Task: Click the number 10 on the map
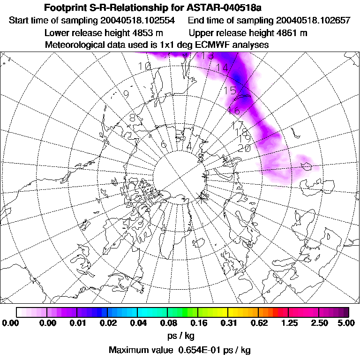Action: (x=145, y=67)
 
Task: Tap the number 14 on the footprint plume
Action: (x=222, y=67)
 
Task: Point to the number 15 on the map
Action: (x=230, y=90)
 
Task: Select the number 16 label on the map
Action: (x=233, y=111)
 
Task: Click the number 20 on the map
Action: (x=244, y=148)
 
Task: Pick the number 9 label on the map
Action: (x=126, y=94)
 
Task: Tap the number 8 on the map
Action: (x=132, y=117)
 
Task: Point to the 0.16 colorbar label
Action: (x=198, y=323)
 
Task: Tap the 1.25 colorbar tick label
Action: (x=288, y=323)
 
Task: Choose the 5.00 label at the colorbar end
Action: (x=348, y=323)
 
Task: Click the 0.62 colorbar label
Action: (x=259, y=323)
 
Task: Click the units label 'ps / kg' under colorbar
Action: (x=180, y=336)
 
